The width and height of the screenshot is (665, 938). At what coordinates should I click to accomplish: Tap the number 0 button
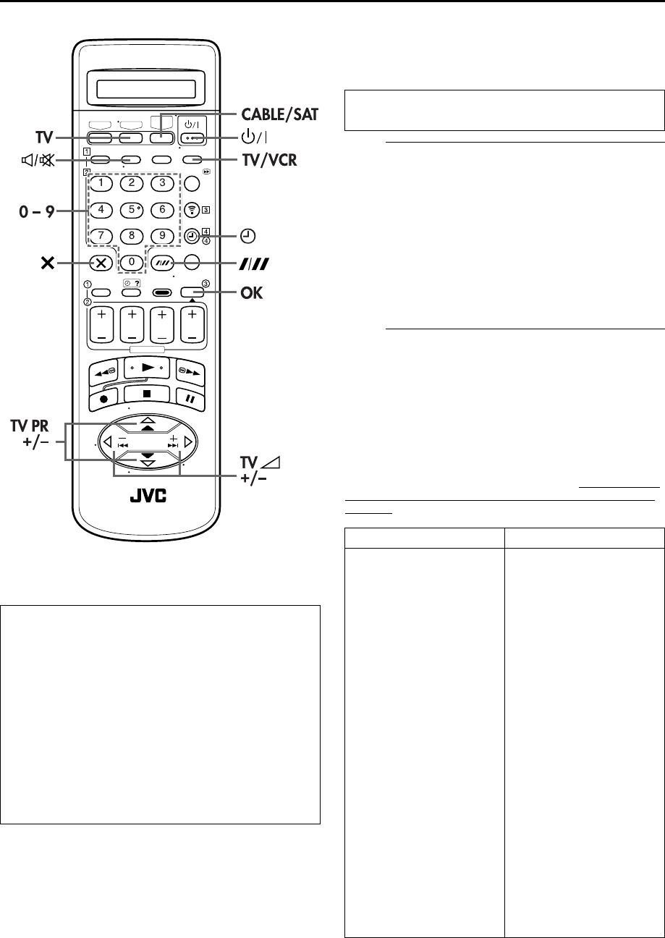[x=131, y=262]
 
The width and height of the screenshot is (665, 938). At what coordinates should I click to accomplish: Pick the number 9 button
[x=163, y=235]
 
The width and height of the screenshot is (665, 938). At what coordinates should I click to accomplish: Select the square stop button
[x=147, y=395]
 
